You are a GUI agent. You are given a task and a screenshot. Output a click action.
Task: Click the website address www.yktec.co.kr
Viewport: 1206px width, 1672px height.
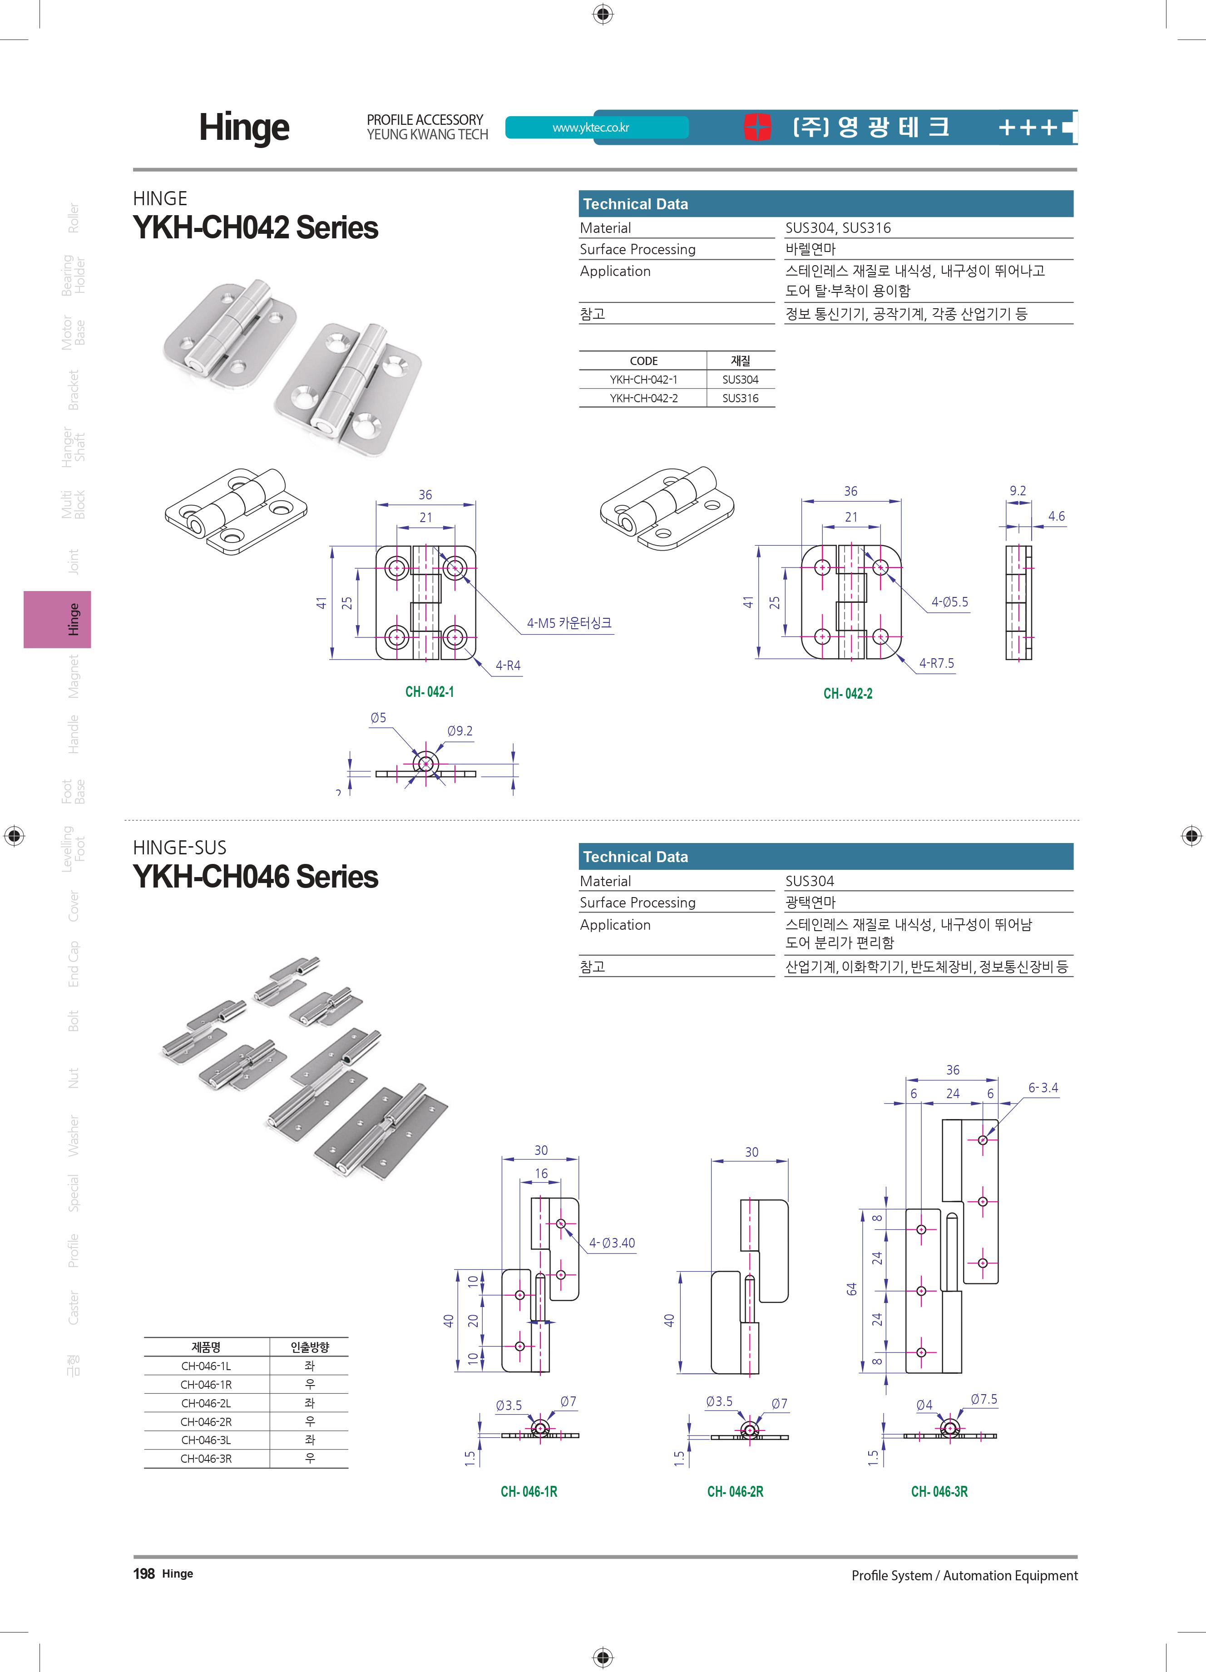click(x=590, y=128)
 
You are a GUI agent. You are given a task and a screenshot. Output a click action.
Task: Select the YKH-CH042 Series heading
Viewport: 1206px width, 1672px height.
click(x=255, y=228)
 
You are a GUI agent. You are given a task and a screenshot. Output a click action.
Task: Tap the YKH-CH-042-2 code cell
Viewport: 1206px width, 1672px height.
click(x=643, y=398)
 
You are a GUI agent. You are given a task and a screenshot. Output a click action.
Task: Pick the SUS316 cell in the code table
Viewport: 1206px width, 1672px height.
click(x=740, y=398)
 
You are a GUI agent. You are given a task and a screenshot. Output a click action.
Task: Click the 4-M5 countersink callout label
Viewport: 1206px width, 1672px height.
click(x=568, y=623)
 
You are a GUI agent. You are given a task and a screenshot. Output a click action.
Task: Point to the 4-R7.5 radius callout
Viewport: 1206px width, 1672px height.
click(x=936, y=664)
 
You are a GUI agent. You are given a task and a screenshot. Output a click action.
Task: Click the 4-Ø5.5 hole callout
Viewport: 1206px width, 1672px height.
click(x=949, y=602)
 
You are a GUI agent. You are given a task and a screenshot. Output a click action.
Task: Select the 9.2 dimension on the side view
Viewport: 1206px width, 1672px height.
click(x=1017, y=491)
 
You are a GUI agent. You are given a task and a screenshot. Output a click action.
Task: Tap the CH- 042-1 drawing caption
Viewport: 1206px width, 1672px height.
click(x=429, y=691)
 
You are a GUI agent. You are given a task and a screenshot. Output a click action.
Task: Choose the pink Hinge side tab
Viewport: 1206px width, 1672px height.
click(x=58, y=619)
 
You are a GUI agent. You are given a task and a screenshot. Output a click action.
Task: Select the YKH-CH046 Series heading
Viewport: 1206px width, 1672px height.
click(x=255, y=877)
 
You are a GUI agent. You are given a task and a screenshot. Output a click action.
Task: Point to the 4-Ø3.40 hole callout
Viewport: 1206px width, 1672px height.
click(x=612, y=1243)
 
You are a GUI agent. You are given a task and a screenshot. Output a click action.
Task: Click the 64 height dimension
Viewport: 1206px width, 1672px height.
click(x=851, y=1289)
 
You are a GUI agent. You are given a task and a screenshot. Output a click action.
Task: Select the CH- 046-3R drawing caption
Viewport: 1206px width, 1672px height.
click(x=939, y=1491)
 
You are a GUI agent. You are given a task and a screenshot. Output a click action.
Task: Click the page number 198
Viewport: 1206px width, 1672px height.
click(x=144, y=1574)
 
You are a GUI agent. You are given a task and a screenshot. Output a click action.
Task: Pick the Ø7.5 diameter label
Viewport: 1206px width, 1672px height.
click(x=984, y=1399)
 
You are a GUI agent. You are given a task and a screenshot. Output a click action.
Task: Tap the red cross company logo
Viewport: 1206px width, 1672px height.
click(x=757, y=127)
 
